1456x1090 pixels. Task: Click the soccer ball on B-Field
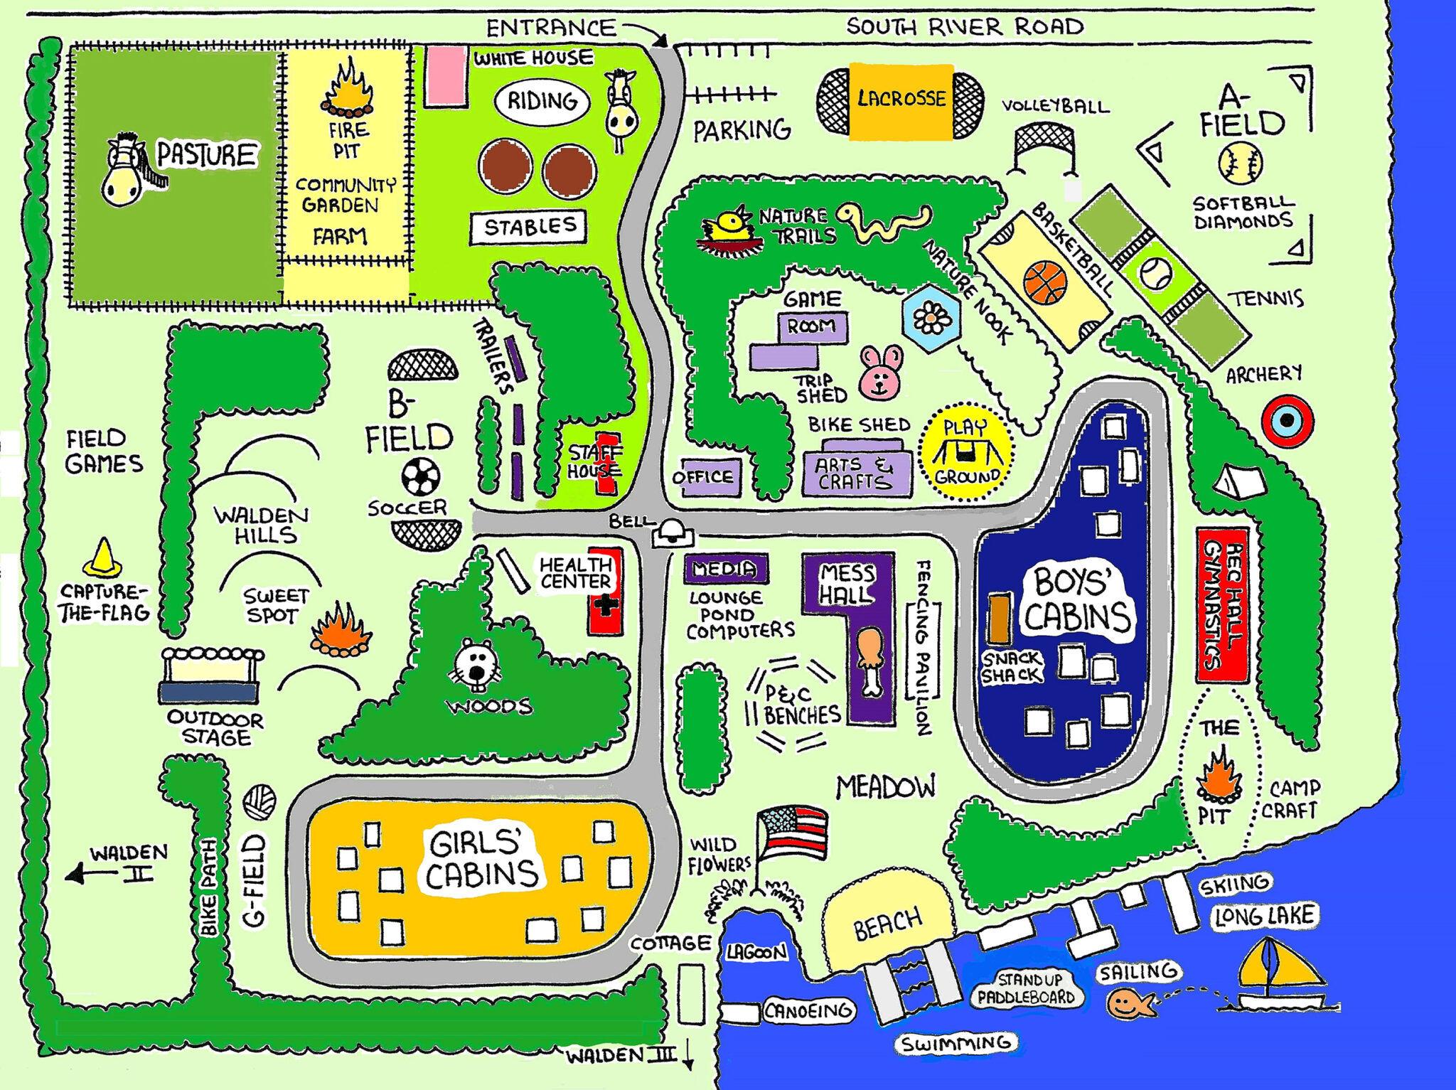(420, 476)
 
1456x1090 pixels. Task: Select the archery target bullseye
(1287, 421)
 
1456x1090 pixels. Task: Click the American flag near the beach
(793, 833)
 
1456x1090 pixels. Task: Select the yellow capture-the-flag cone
(102, 557)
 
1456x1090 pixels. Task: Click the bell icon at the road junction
(671, 531)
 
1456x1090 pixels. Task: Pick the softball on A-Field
(1240, 163)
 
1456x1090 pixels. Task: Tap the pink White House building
(446, 76)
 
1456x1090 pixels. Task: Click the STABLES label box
(528, 227)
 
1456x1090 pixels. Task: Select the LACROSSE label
(901, 98)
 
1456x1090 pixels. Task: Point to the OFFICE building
(704, 476)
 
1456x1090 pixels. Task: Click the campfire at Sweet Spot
(341, 631)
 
